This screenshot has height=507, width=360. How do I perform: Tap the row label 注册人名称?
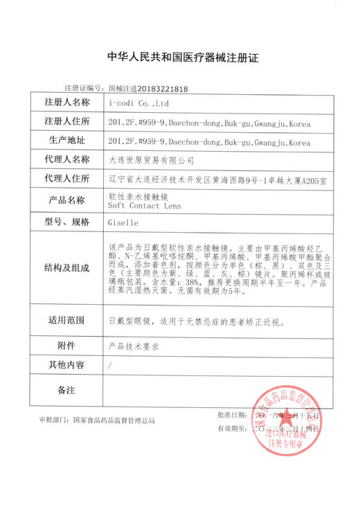pyautogui.click(x=67, y=103)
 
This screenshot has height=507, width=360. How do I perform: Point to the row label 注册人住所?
pyautogui.click(x=67, y=123)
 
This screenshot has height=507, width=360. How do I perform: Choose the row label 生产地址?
pyautogui.click(x=67, y=141)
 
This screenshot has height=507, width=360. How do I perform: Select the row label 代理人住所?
pyautogui.click(x=67, y=179)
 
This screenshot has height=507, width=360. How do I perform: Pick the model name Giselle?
pyautogui.click(x=124, y=224)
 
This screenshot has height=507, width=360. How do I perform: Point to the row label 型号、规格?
pyautogui.click(x=67, y=223)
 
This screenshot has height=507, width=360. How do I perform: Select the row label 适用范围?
pyautogui.click(x=67, y=321)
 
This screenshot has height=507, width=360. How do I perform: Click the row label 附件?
pyautogui.click(x=67, y=345)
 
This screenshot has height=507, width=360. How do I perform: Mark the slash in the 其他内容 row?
pyautogui.click(x=111, y=365)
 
